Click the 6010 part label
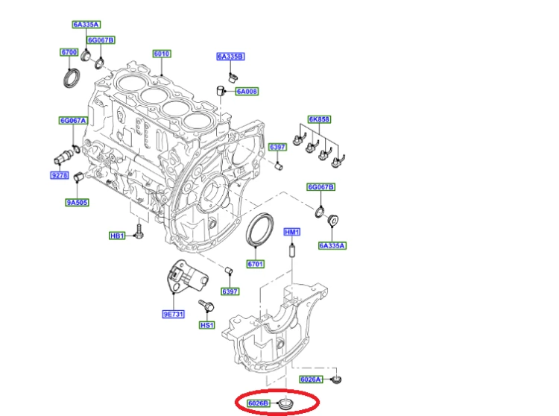[x=162, y=54]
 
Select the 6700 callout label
[x=69, y=52]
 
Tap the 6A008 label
[x=247, y=92]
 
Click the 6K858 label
[x=319, y=119]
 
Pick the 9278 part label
[x=60, y=175]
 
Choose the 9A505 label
[x=77, y=203]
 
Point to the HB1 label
[x=117, y=236]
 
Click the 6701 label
[x=255, y=264]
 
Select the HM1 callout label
[x=292, y=233]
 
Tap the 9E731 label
[x=173, y=314]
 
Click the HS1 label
[x=207, y=325]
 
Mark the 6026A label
[x=311, y=379]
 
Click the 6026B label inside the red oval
[x=258, y=403]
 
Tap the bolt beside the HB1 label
[x=139, y=232]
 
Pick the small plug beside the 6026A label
[x=336, y=379]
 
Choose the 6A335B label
[x=230, y=57]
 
